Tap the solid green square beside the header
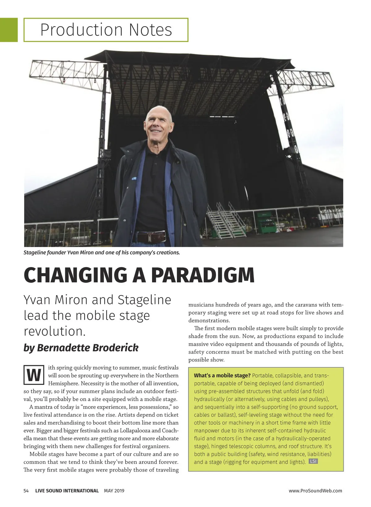tap(9, 30)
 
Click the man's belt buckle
tap(149, 238)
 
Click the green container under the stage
tap(266, 222)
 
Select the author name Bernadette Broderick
tap(81, 348)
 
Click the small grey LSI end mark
tap(313, 461)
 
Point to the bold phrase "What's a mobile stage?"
tap(222, 375)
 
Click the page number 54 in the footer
tap(26, 491)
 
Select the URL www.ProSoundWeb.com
tap(315, 491)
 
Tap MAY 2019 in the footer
tap(114, 491)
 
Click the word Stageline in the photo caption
tap(35, 253)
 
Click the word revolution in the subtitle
tap(54, 331)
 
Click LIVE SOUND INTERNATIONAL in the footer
tap(67, 491)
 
